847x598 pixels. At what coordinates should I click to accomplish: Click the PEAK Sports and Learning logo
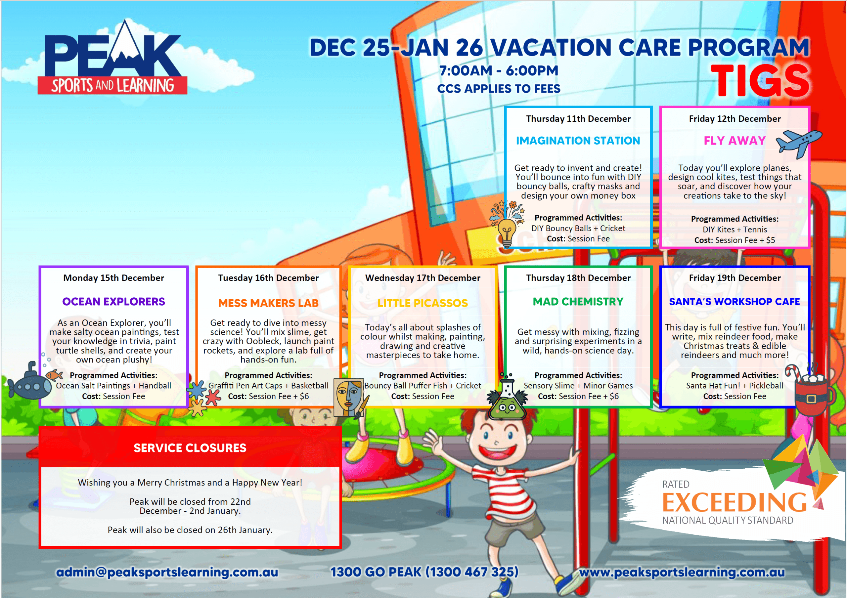[x=112, y=57]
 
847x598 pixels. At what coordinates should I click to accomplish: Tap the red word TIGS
[x=760, y=80]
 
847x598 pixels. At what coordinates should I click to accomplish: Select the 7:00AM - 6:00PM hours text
[x=499, y=70]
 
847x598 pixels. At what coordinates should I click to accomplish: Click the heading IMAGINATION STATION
[x=578, y=141]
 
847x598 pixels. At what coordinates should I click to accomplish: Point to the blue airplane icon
[x=799, y=144]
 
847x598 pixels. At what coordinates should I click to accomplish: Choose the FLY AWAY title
[x=735, y=141]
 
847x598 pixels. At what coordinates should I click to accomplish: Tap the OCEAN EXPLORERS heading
[x=113, y=302]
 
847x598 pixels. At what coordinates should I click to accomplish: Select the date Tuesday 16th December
[x=268, y=278]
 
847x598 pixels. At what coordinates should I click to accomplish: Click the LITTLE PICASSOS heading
[x=423, y=303]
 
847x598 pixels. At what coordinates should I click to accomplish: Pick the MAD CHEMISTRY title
[x=578, y=302]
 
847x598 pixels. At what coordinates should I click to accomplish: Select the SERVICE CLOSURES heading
[x=190, y=448]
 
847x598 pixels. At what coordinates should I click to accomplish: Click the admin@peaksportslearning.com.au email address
[x=167, y=572]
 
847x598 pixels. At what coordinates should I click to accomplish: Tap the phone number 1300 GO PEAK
[x=424, y=572]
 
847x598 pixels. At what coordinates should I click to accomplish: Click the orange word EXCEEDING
[x=734, y=502]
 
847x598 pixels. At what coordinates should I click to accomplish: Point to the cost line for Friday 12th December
[x=735, y=240]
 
